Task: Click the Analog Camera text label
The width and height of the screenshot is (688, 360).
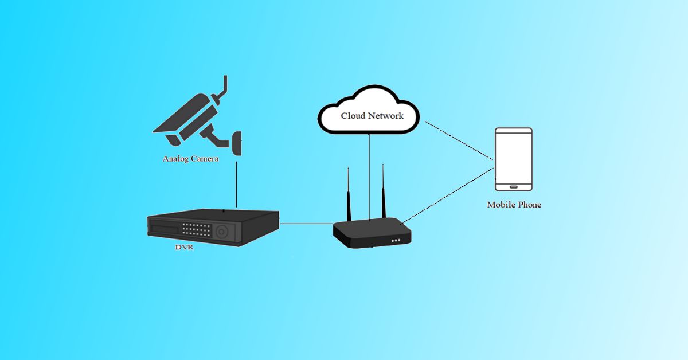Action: click(190, 159)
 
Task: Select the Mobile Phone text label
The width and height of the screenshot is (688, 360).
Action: click(514, 205)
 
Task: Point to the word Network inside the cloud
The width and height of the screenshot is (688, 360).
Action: click(386, 115)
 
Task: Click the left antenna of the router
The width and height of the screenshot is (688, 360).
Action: click(348, 195)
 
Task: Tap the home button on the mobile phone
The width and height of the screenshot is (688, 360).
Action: click(514, 186)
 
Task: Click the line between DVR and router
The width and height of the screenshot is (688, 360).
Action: click(307, 224)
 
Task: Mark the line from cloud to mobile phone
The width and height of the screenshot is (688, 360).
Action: click(459, 140)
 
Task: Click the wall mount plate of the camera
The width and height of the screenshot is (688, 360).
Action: click(236, 143)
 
